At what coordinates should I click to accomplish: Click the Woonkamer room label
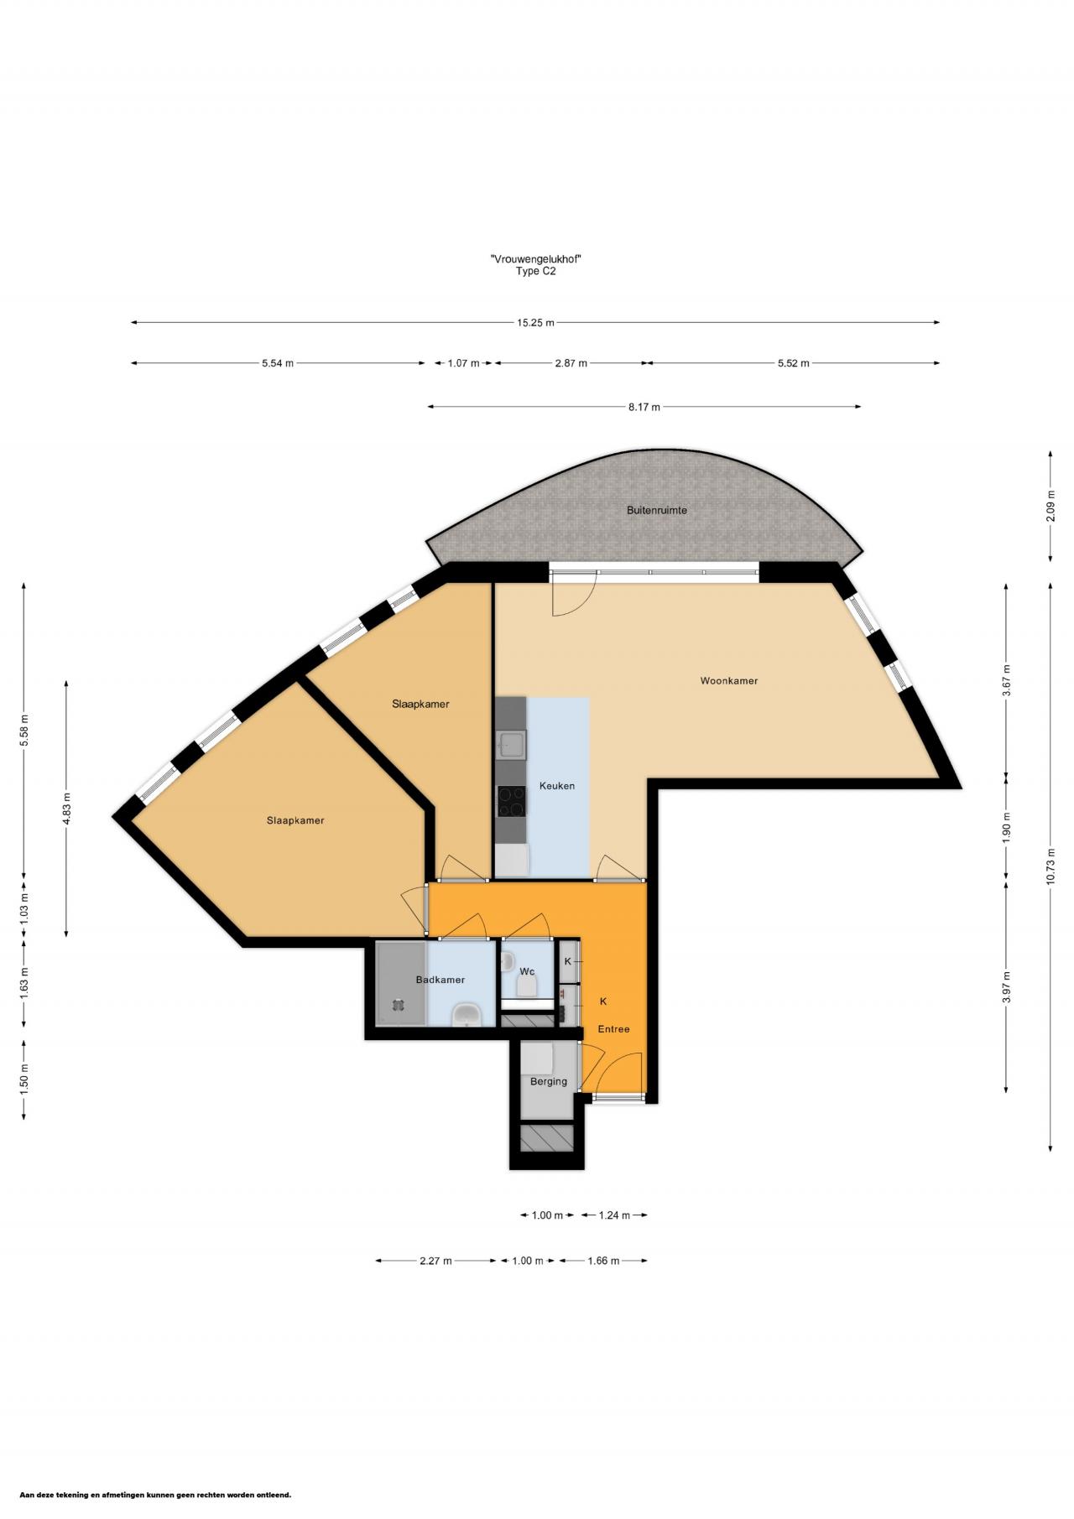click(728, 680)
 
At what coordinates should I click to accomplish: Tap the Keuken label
click(557, 786)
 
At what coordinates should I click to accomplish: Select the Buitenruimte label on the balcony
click(657, 510)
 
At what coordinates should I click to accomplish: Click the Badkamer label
click(441, 980)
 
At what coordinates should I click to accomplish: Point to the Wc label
click(527, 971)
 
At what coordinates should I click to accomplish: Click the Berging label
click(549, 1081)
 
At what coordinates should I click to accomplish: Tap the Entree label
click(613, 1029)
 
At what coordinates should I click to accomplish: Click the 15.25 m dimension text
click(535, 322)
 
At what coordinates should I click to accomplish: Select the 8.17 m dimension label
click(644, 407)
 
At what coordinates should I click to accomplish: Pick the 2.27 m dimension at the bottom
click(435, 1261)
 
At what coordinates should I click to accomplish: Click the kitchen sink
click(511, 743)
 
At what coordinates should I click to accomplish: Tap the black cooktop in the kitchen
click(511, 800)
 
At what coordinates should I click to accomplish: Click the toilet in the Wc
click(527, 986)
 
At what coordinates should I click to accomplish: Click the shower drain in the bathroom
click(397, 1003)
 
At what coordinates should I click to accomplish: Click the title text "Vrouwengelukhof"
click(536, 259)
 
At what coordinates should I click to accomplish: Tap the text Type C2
click(536, 271)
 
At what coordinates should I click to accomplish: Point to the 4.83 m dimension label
click(66, 809)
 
